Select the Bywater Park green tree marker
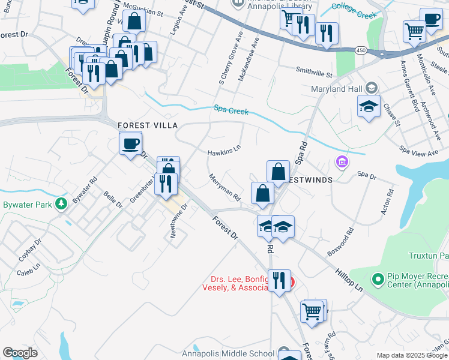[x=61, y=205]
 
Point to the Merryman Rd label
[x=224, y=187]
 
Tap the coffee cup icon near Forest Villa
[x=130, y=144]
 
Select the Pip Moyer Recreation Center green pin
[x=378, y=279]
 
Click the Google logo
[x=20, y=353]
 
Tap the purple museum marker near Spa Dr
[x=342, y=161]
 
